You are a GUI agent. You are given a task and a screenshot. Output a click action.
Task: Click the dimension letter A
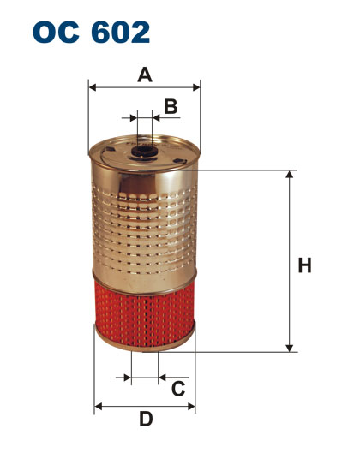(x=145, y=75)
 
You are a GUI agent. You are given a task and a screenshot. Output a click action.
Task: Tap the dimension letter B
(x=171, y=106)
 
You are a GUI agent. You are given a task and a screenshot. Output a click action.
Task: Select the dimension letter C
(x=178, y=389)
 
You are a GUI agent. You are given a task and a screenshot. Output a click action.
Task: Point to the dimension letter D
(x=146, y=419)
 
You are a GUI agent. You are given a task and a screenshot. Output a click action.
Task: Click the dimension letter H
(x=305, y=265)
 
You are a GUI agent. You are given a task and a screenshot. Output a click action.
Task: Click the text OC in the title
(x=56, y=32)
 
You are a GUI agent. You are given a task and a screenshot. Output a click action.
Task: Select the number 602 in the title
(x=121, y=32)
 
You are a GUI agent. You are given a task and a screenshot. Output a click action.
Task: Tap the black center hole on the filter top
(x=144, y=151)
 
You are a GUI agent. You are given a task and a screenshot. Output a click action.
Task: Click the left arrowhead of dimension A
(x=93, y=87)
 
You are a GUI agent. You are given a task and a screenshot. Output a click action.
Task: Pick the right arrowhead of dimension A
(x=196, y=87)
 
